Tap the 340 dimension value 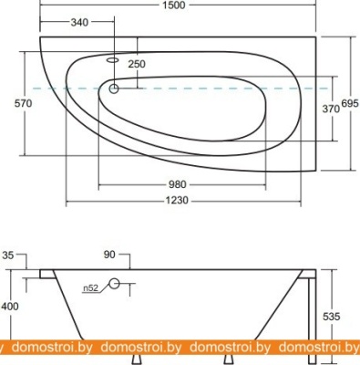coord(79,22)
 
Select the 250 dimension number coord(137,64)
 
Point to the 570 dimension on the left coord(23,103)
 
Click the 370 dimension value coord(331,109)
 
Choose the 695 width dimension coord(350,103)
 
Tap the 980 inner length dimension coord(177,184)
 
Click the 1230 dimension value coord(177,201)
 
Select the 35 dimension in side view coord(8,255)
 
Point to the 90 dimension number coord(109,255)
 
